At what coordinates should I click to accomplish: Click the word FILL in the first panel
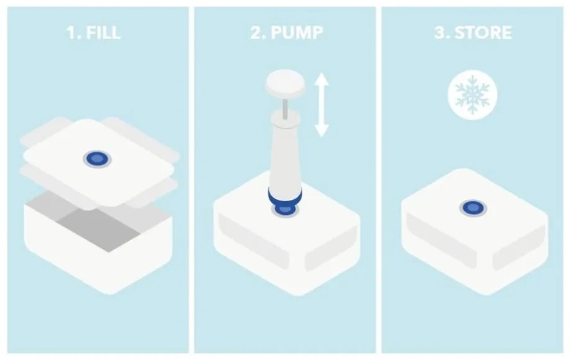[104, 32]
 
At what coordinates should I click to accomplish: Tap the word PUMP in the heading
[297, 32]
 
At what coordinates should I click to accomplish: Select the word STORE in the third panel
[483, 32]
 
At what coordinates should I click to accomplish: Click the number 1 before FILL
[72, 32]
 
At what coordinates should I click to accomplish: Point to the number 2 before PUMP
[258, 32]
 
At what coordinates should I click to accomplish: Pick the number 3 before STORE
[442, 32]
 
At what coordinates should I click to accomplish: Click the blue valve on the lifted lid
[97, 159]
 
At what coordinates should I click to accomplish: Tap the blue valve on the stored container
[473, 208]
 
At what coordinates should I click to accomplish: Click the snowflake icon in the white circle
[472, 94]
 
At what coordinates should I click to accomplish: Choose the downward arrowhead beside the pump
[322, 130]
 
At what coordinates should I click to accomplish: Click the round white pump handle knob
[285, 84]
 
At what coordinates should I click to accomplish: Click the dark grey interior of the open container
[98, 228]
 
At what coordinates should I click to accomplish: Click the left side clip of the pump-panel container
[253, 241]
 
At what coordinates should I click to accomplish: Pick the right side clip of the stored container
[519, 248]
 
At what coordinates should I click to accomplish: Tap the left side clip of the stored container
[441, 241]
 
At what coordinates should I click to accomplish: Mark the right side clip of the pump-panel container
[331, 248]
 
